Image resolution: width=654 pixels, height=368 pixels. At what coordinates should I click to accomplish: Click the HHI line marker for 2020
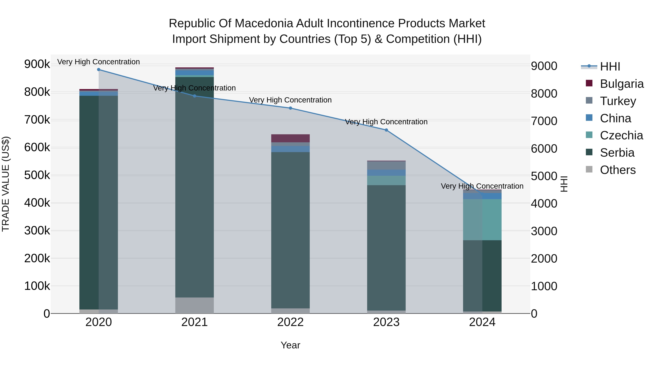[x=99, y=70]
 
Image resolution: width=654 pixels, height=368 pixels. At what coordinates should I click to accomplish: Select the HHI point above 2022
[x=290, y=108]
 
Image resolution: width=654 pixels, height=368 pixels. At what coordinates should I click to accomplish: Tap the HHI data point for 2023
[x=386, y=130]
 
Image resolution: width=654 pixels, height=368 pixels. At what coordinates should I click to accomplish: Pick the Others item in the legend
[x=617, y=170]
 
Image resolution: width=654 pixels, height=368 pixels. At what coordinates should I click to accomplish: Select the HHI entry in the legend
[x=610, y=67]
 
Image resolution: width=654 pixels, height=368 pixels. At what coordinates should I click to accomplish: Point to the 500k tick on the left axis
[x=37, y=175]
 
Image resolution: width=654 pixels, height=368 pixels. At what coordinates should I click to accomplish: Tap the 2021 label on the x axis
[x=194, y=322]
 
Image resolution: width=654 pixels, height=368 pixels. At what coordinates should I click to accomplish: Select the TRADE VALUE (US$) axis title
[x=6, y=184]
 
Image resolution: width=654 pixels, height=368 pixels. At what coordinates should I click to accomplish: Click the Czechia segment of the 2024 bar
[x=482, y=220]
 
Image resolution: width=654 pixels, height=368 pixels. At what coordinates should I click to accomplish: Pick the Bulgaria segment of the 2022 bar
[x=290, y=138]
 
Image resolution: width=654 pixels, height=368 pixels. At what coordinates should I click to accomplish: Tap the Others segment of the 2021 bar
[x=194, y=305]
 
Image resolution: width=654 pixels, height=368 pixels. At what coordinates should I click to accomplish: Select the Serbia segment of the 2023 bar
[x=386, y=248]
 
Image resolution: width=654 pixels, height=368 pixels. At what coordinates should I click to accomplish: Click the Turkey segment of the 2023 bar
[x=386, y=165]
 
